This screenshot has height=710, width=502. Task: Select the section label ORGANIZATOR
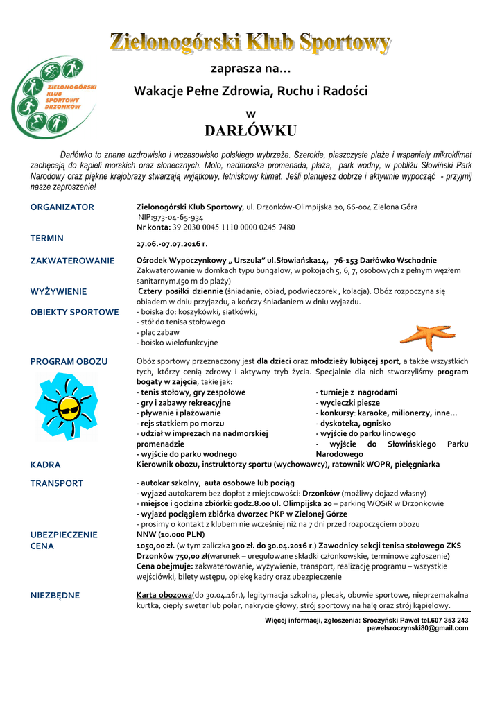tap(62, 207)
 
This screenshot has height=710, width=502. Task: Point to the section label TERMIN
tap(47, 238)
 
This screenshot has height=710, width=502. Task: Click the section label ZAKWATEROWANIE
tap(72, 261)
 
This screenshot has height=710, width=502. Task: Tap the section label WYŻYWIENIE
tap(58, 292)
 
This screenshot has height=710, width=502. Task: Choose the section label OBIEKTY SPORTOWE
tap(75, 312)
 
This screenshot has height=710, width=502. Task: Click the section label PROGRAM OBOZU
tap(69, 362)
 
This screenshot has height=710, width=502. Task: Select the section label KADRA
tap(45, 465)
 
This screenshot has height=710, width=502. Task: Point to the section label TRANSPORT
tap(57, 483)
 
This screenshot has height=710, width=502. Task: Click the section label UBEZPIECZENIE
tap(64, 535)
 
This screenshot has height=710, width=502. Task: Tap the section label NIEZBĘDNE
tap(55, 595)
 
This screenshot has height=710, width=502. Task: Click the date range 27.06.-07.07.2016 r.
tap(172, 244)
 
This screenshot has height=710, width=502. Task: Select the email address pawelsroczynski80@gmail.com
tap(417, 628)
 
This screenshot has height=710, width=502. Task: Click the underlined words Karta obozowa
tap(164, 595)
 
